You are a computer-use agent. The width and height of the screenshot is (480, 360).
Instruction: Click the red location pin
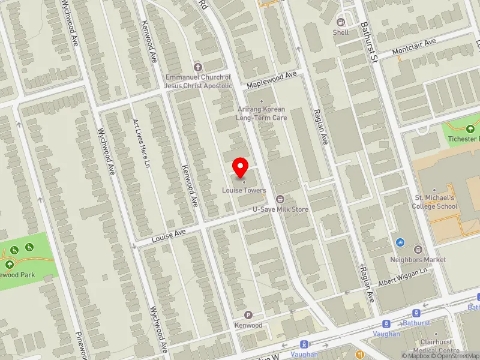pyautogui.click(x=241, y=166)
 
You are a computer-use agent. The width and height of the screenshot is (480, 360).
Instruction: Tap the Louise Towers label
pyautogui.click(x=243, y=190)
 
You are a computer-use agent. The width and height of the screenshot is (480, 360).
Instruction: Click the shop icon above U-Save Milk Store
pyautogui.click(x=279, y=199)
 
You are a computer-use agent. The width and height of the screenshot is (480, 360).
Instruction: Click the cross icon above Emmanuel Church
pyautogui.click(x=199, y=67)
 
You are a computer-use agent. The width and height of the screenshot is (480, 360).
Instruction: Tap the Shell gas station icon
pyautogui.click(x=340, y=22)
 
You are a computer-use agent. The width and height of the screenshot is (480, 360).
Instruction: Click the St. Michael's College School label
pyautogui.click(x=436, y=202)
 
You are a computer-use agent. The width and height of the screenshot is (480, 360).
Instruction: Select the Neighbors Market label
pyautogui.click(x=418, y=260)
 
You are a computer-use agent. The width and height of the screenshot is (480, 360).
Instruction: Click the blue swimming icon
pyautogui.click(x=400, y=242)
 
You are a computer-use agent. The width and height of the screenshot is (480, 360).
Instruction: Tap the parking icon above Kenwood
pyautogui.click(x=248, y=315)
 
